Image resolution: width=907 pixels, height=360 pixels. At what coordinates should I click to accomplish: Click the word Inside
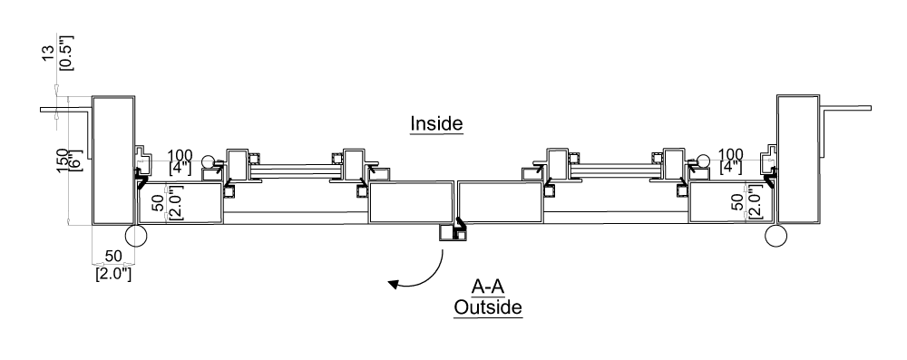436,123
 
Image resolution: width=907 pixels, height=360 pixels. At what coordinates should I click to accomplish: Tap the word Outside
488,308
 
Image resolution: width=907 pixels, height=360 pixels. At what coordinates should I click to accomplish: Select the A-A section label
488,283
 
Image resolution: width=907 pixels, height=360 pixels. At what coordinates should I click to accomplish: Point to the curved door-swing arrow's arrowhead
393,285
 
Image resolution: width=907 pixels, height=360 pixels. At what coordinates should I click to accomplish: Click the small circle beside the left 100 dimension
210,162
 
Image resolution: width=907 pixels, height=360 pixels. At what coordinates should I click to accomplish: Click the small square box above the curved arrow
449,233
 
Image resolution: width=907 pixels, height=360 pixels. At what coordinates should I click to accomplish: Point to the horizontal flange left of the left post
66,111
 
